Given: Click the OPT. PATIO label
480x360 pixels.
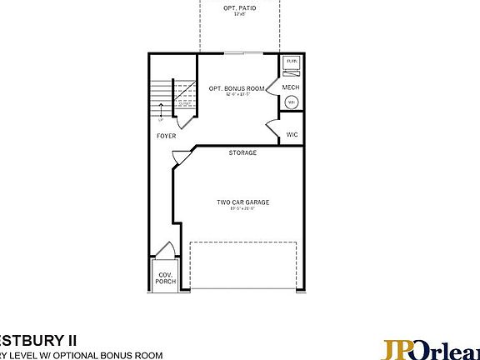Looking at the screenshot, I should click(240, 7).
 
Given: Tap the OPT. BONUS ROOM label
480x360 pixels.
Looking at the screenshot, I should click(237, 87).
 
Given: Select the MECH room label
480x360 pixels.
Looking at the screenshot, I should click(291, 87).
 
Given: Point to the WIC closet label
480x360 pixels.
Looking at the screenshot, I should click(292, 134).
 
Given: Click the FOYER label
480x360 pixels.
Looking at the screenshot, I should click(166, 135).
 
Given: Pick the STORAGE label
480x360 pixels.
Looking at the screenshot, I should click(242, 153).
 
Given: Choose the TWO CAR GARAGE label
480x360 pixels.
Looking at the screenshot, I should click(243, 202).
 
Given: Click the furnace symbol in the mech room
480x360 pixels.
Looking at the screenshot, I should click(292, 62).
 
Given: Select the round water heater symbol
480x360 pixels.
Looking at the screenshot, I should click(292, 102).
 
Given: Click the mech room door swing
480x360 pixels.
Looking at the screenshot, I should click(272, 87).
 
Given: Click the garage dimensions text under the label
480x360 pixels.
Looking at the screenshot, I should click(243, 208).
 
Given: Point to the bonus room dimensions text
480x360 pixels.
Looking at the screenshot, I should click(237, 94).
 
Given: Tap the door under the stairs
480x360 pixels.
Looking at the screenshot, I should click(188, 117).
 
